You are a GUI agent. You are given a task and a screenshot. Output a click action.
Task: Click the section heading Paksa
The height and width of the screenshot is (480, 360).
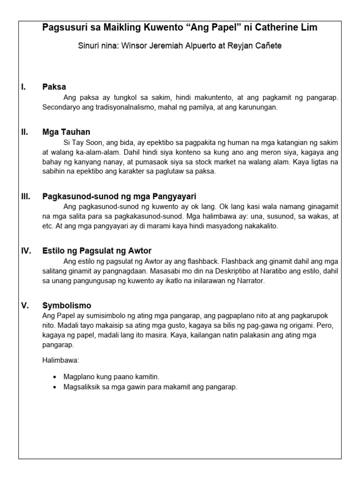pyautogui.click(x=54, y=87)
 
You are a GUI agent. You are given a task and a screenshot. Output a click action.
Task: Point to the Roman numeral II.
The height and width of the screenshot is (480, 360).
pyautogui.click(x=24, y=132)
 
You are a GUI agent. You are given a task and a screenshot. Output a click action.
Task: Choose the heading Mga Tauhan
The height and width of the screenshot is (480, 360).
pyautogui.click(x=66, y=132)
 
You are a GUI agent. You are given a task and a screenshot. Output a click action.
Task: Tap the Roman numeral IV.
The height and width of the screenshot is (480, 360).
pyautogui.click(x=26, y=251)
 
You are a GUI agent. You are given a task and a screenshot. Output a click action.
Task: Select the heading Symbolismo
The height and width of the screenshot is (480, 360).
pyautogui.click(x=67, y=306)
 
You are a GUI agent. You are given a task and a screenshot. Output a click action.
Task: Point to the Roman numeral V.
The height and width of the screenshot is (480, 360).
pyautogui.click(x=25, y=306)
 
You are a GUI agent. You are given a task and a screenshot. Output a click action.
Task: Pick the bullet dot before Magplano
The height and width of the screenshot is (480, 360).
pyautogui.click(x=55, y=377)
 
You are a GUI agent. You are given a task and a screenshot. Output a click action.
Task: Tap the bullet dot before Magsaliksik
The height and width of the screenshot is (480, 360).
pyautogui.click(x=55, y=387)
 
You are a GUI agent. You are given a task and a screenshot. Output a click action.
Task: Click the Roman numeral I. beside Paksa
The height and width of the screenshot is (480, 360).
pyautogui.click(x=23, y=87)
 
